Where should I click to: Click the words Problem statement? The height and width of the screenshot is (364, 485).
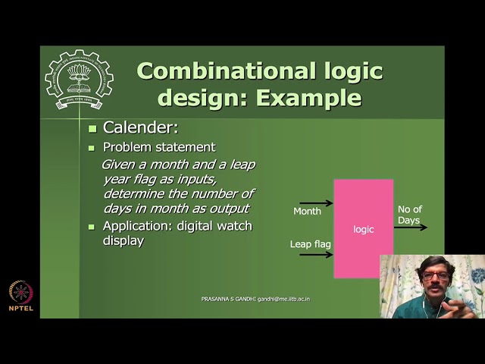coord(159,147)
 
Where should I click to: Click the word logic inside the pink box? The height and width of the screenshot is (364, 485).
coord(364,229)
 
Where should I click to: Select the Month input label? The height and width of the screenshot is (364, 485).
coord(307,212)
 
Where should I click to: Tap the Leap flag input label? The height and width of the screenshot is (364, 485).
coord(311,244)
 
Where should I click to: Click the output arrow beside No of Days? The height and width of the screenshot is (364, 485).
coord(411,227)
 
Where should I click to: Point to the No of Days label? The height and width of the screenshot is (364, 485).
coord(409,215)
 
